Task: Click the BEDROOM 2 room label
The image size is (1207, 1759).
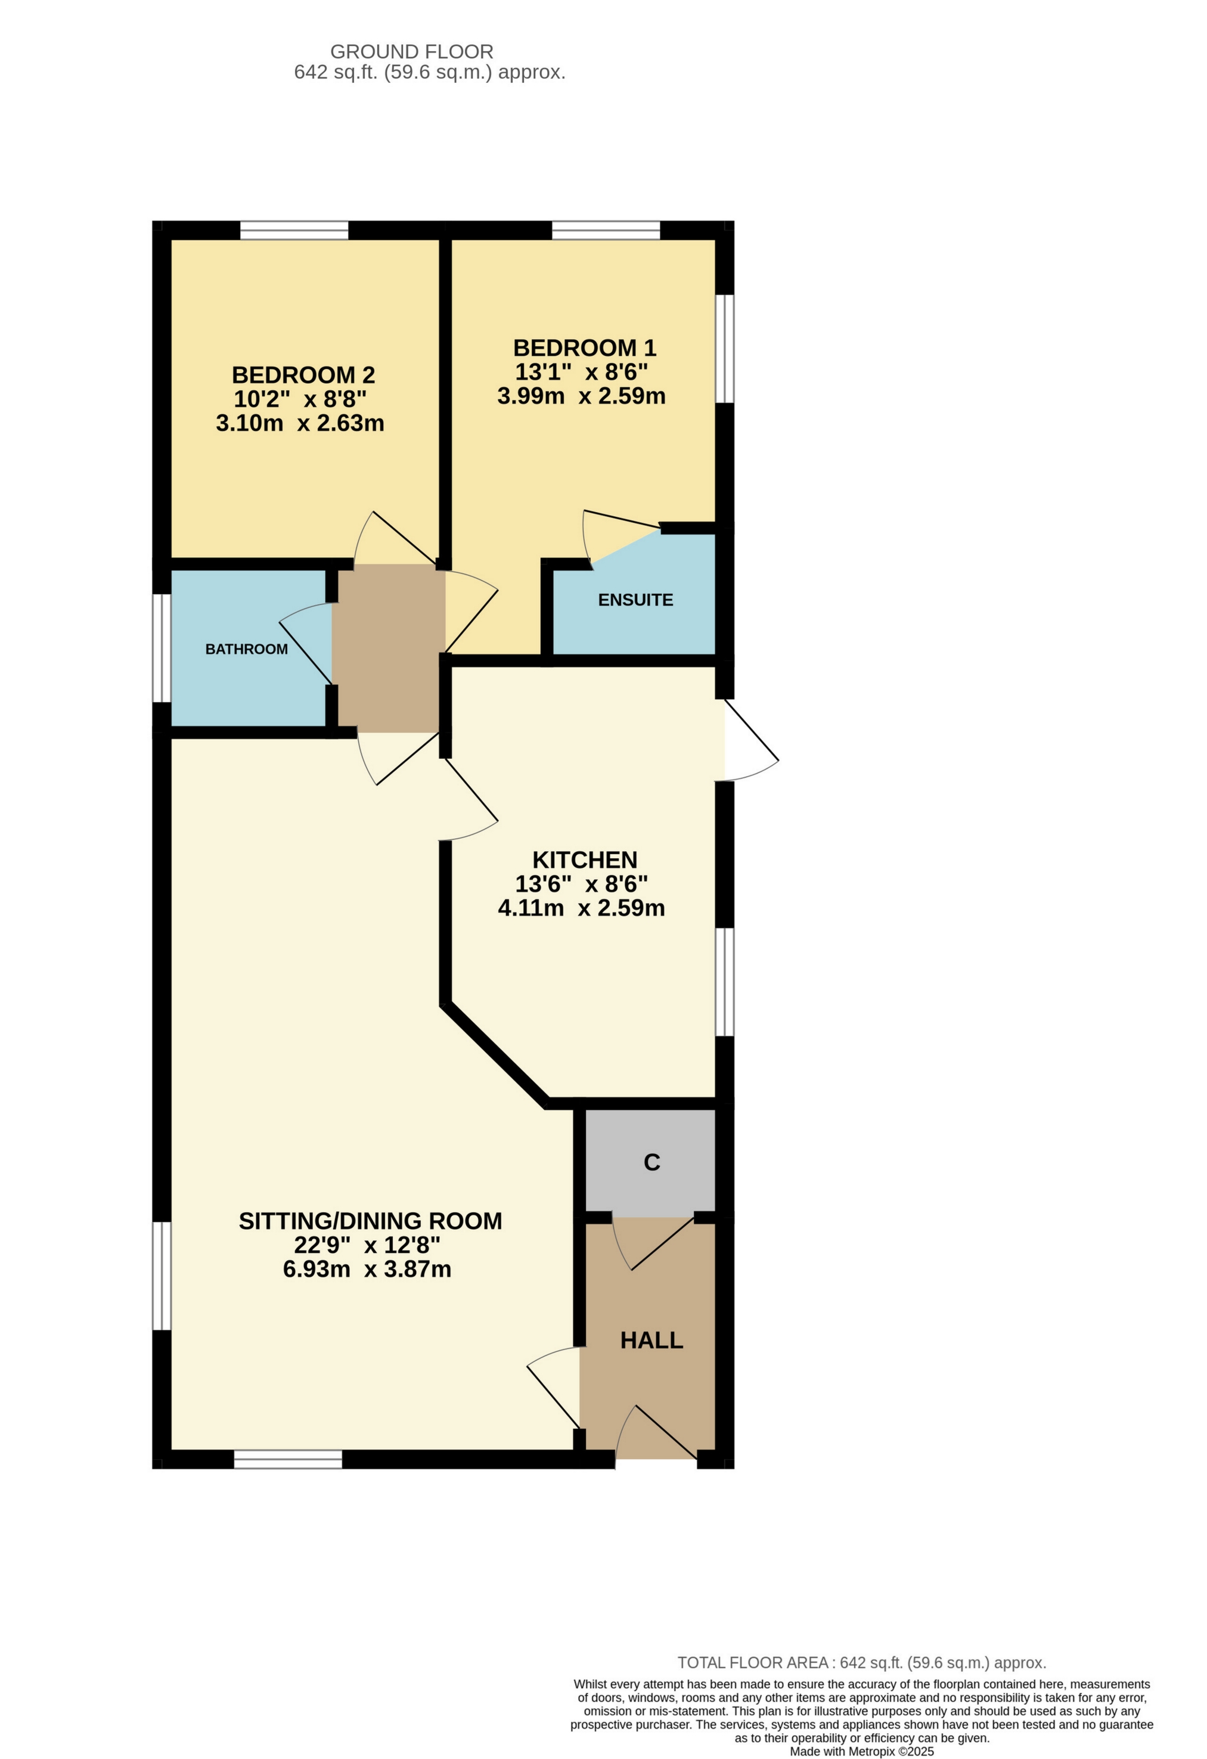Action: tap(303, 375)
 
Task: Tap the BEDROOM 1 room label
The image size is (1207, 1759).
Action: tap(584, 348)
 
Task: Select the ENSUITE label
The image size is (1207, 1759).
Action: tap(635, 600)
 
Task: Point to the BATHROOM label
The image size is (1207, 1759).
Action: tap(246, 649)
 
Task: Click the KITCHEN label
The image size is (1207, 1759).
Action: tap(584, 860)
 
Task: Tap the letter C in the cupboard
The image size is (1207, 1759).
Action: tap(651, 1162)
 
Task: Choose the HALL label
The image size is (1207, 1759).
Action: tap(651, 1341)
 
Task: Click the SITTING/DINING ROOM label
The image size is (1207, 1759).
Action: tap(370, 1221)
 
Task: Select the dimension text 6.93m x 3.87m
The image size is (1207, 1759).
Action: tap(367, 1269)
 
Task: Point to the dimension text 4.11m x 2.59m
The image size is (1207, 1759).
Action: tap(581, 907)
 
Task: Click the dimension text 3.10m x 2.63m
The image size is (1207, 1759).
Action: tap(300, 423)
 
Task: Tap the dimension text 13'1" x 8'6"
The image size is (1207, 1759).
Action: tap(581, 371)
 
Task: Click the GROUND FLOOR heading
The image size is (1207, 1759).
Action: tap(412, 51)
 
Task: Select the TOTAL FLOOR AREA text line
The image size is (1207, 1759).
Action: tap(861, 1663)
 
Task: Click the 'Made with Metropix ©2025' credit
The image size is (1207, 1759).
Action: tap(861, 1751)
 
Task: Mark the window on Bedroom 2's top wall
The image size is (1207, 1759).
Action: tap(294, 229)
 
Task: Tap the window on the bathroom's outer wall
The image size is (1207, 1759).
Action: tap(161, 648)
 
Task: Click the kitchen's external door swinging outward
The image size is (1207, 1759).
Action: tap(749, 742)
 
